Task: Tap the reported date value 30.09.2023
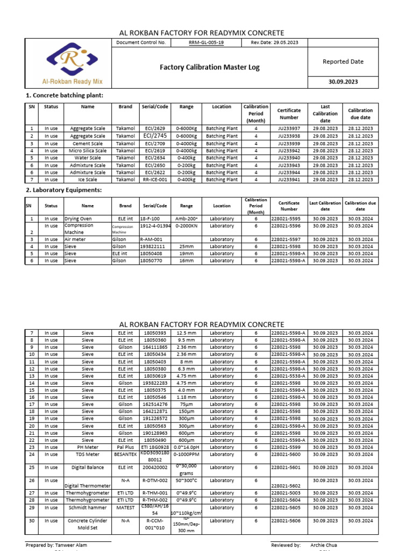pos(343,82)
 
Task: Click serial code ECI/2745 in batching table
pos(155,136)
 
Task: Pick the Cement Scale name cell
pos(88,144)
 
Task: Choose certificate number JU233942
pos(289,151)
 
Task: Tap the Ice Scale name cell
pos(88,180)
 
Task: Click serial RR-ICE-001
pos(155,180)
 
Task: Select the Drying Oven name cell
pos(79,219)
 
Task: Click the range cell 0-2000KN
pos(186,226)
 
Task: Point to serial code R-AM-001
pos(151,239)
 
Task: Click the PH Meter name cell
pos(88,447)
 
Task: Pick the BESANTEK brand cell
pos(125,454)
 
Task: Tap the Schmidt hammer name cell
pos(88,507)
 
